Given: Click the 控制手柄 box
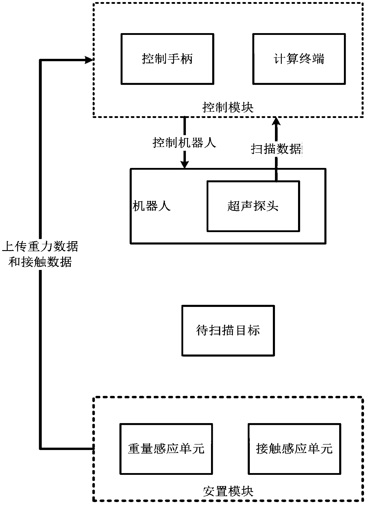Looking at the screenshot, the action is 167,59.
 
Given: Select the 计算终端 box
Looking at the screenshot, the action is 299,59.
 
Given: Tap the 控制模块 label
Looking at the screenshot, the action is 228,107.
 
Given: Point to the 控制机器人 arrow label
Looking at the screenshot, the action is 184,143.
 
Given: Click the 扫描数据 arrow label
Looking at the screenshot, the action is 276,149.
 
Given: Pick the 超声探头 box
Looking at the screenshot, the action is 253,206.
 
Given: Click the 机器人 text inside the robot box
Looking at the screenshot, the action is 152,206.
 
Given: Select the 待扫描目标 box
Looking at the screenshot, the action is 228,331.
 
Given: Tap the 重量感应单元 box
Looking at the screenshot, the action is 166,449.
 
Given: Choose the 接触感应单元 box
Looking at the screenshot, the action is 294,449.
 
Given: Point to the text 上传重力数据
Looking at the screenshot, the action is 40,246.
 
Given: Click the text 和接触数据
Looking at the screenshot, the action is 40,262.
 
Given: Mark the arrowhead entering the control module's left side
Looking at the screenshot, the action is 89,60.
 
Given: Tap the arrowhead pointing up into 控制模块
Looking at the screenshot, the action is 276,121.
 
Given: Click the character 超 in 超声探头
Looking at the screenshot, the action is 234,206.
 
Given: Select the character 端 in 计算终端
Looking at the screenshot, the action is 318,59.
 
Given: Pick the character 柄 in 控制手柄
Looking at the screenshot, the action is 186,59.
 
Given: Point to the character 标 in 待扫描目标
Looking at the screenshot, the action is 254,331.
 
